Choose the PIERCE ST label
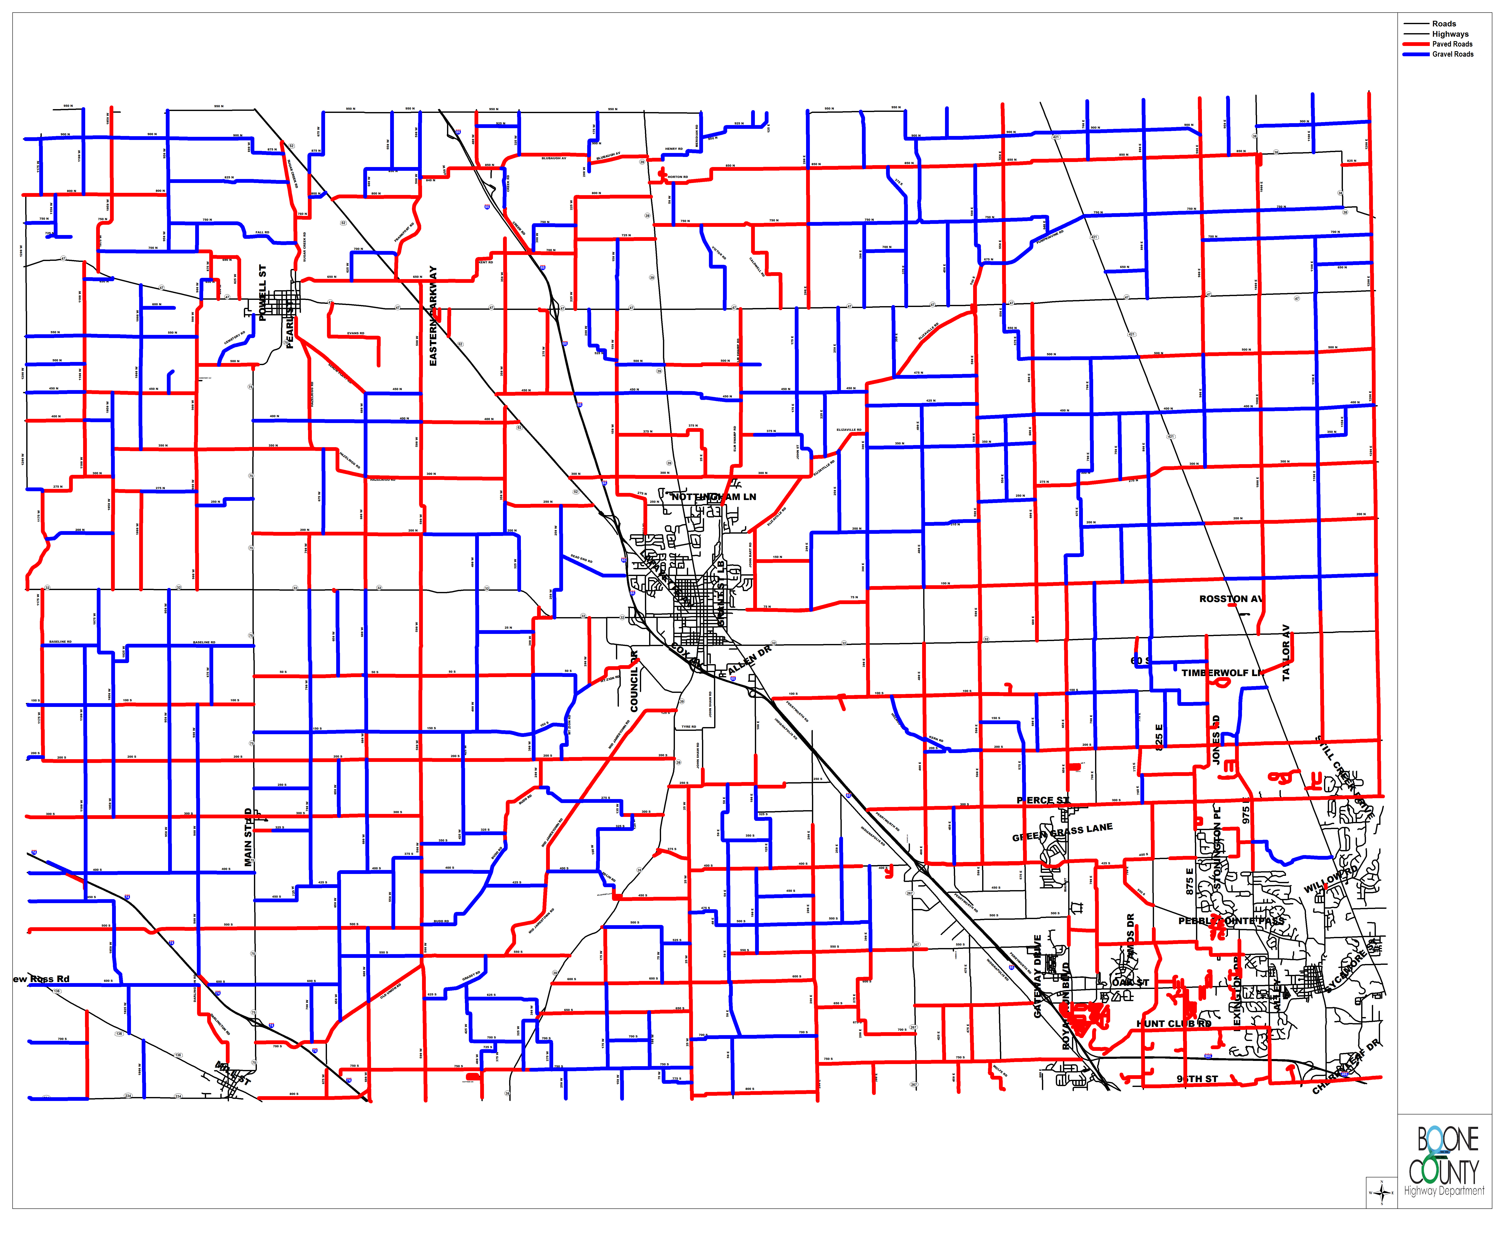[1043, 800]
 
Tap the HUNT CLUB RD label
[1174, 1023]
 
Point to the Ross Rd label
[42, 979]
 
